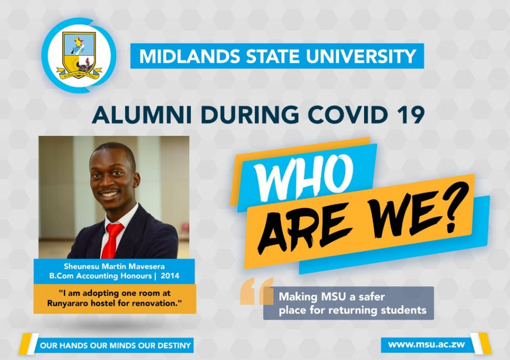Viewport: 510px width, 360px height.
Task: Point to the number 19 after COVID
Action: click(x=410, y=115)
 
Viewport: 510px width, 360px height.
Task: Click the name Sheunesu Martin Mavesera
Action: click(x=114, y=266)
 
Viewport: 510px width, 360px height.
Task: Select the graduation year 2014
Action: click(x=170, y=276)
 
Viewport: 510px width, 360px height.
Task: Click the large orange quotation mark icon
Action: click(x=256, y=291)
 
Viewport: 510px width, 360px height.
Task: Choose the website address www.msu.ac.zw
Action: click(x=426, y=345)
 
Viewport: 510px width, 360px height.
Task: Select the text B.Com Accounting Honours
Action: click(x=101, y=276)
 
